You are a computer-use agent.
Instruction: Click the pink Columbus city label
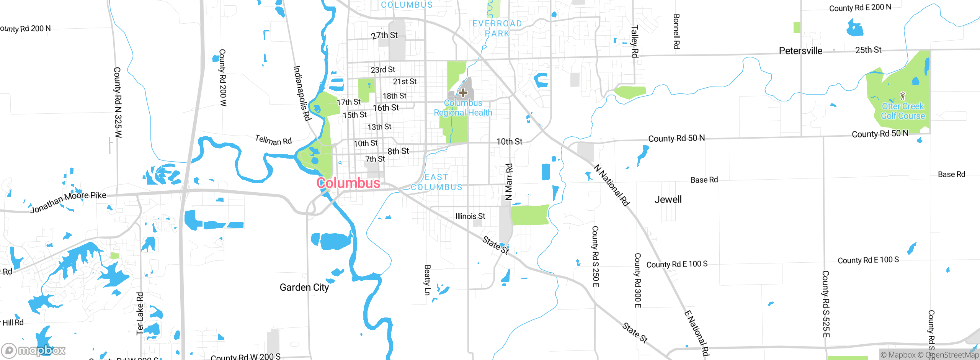(348, 183)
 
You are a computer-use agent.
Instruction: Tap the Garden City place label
(304, 287)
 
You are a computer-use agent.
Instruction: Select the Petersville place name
(800, 51)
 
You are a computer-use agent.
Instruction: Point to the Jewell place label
(668, 200)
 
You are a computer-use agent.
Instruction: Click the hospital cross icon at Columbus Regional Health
(463, 93)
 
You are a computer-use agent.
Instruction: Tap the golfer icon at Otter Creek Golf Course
(903, 95)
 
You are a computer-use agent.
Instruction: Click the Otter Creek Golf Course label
(903, 111)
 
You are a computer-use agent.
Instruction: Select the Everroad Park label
(497, 29)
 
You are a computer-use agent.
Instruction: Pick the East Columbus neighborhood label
(436, 182)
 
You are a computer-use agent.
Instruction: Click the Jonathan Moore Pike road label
(68, 202)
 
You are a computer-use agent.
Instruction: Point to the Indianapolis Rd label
(302, 93)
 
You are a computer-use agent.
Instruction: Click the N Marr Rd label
(509, 182)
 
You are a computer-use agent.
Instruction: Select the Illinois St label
(470, 216)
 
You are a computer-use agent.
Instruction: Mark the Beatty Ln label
(427, 280)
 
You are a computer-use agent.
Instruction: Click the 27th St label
(384, 35)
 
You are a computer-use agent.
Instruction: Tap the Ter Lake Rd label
(140, 313)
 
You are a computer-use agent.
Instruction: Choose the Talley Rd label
(634, 41)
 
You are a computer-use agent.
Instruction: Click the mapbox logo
(34, 350)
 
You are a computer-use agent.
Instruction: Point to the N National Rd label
(611, 185)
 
